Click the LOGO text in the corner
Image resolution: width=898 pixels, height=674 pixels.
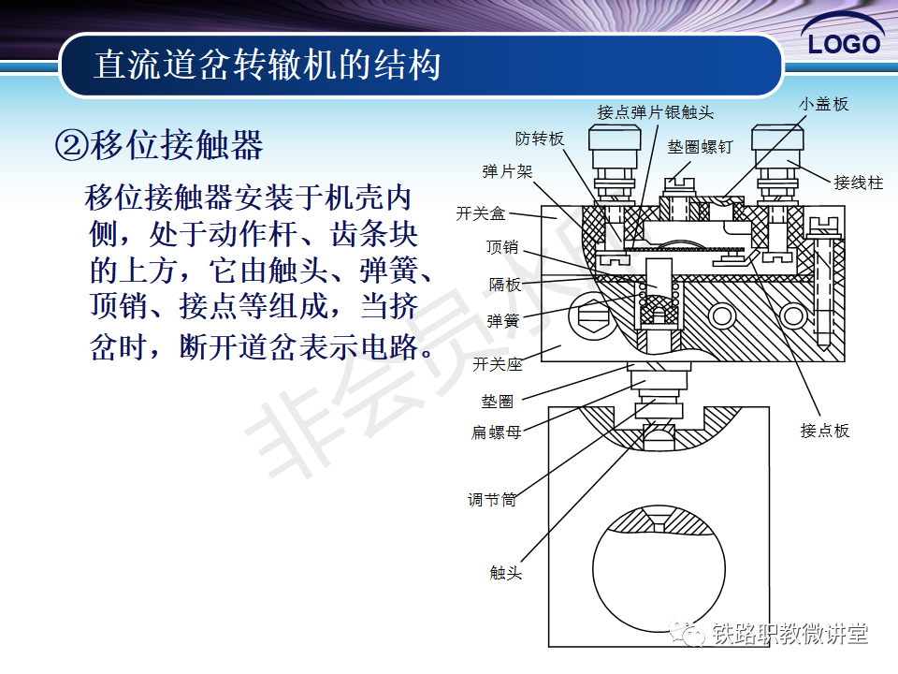(844, 44)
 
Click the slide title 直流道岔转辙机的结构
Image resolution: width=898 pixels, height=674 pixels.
(268, 65)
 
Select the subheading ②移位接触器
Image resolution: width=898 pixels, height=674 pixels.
(159, 144)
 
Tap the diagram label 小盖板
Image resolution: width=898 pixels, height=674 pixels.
(823, 104)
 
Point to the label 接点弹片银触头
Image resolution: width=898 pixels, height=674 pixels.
(655, 112)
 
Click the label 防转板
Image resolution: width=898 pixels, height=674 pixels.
(540, 139)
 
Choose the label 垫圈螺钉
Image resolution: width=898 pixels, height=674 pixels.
(700, 147)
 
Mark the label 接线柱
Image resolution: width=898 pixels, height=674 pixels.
(859, 183)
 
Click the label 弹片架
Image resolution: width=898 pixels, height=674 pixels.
(507, 171)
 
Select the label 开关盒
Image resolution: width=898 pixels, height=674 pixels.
(481, 213)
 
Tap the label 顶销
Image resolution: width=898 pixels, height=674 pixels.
(502, 247)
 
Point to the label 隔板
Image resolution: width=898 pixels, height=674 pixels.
(504, 285)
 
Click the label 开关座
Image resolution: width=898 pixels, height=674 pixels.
(497, 364)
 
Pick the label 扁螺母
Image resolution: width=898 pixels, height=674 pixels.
(496, 432)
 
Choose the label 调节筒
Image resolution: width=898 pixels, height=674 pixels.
(492, 500)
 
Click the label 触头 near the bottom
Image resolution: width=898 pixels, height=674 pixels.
(506, 573)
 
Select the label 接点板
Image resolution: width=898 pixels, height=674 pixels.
(825, 431)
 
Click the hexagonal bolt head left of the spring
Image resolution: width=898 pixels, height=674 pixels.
(592, 315)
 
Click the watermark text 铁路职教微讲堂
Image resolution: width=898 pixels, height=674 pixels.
(789, 634)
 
